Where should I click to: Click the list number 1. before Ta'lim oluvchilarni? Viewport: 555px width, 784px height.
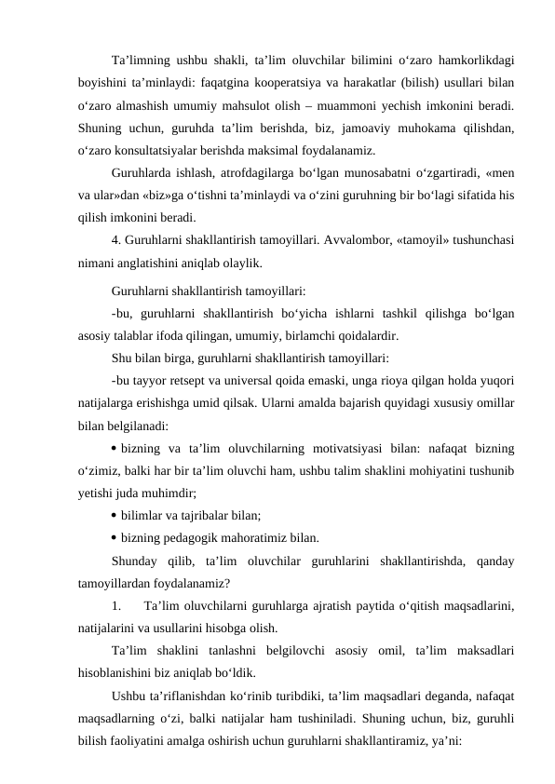tap(116, 606)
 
